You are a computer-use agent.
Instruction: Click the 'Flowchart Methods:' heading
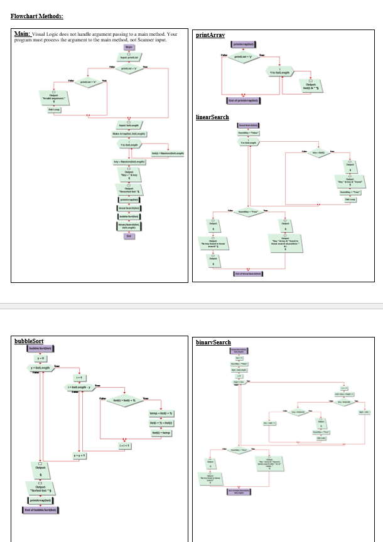click(x=36, y=16)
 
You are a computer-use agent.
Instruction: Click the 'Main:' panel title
click(x=23, y=33)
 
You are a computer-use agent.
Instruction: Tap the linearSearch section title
click(x=212, y=117)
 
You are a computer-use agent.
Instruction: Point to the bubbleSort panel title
click(x=29, y=341)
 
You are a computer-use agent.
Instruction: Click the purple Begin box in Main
click(x=129, y=46)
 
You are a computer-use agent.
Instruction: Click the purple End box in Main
click(x=129, y=236)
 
